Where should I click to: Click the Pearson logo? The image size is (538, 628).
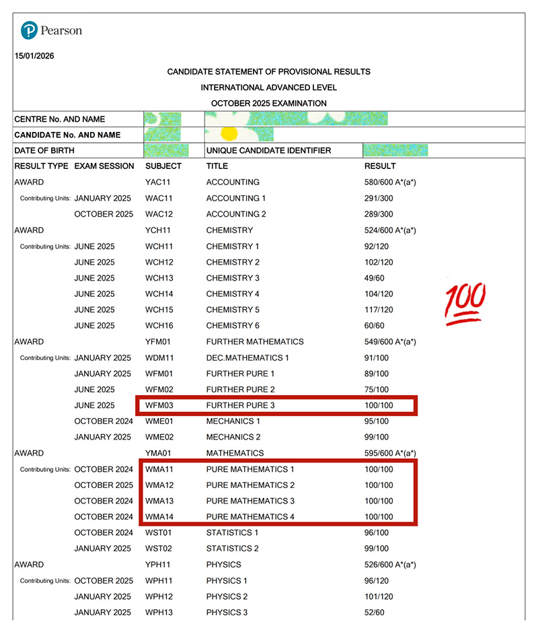pos(51,31)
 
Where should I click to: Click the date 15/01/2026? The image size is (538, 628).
pos(34,56)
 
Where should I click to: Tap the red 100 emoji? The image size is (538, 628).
pos(465,304)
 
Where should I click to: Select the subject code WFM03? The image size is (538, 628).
pos(159,405)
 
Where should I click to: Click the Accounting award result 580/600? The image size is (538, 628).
pos(389,182)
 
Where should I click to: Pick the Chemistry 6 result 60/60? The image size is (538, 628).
pos(375,326)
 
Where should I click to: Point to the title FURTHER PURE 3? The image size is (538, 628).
pos(240,405)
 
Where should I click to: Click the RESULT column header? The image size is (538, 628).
pos(380,166)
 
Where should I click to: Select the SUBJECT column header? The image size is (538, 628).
pos(163,166)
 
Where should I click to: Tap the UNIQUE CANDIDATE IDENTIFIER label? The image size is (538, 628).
pos(268,150)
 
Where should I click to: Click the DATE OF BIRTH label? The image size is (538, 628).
pos(44,150)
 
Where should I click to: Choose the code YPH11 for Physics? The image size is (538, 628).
pos(159,565)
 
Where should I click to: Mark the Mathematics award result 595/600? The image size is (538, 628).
pos(389,453)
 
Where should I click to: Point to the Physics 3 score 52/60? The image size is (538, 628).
pos(375,612)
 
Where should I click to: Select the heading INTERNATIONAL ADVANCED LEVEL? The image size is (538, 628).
pos(268,88)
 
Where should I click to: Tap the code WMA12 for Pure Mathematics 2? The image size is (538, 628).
pos(159,485)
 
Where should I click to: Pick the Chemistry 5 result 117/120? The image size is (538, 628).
pos(379,310)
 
